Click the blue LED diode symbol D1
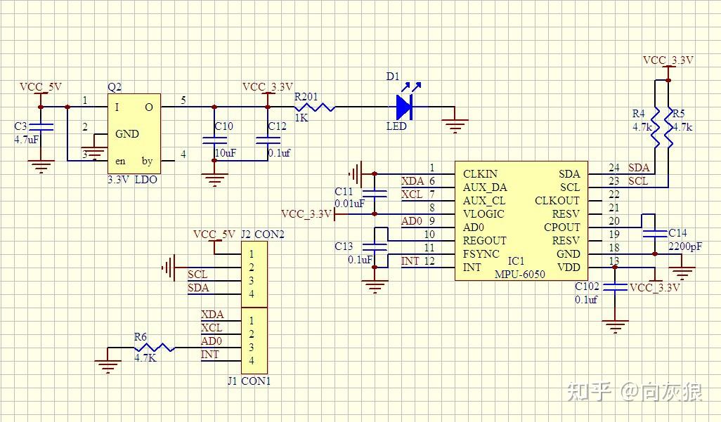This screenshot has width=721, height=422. (x=404, y=107)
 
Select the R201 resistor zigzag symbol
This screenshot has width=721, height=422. (x=316, y=107)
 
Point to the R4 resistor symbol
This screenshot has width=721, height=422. (x=655, y=127)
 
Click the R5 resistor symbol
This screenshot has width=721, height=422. (x=668, y=127)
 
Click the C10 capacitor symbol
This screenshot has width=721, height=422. (x=214, y=140)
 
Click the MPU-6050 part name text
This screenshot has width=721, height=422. (x=519, y=275)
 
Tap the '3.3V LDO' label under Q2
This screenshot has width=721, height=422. (x=132, y=180)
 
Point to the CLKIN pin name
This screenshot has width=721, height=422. (x=480, y=174)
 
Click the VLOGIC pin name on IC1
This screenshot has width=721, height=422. (x=483, y=214)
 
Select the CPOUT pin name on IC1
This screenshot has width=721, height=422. (x=562, y=228)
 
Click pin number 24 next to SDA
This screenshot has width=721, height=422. (x=614, y=168)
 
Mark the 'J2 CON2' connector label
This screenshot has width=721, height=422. (x=262, y=234)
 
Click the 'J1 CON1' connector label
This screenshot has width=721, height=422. (x=249, y=381)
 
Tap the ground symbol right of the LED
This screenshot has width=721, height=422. (x=455, y=125)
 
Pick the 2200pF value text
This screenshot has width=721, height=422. (x=684, y=246)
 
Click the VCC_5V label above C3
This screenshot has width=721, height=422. (x=40, y=87)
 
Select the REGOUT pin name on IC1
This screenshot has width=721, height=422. (x=484, y=241)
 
